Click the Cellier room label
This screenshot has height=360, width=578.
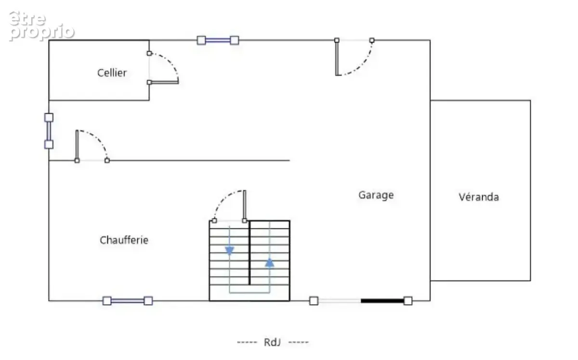(112, 73)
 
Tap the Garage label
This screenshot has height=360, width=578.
(376, 195)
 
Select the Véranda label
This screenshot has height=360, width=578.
(479, 197)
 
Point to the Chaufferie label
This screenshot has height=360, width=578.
(124, 240)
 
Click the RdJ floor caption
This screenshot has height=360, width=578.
(272, 342)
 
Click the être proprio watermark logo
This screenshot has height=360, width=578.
(41, 26)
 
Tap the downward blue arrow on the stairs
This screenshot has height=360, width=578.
(229, 251)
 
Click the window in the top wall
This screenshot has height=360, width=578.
(218, 40)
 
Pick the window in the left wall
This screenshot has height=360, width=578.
(49, 131)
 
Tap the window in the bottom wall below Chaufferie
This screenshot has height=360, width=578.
(128, 301)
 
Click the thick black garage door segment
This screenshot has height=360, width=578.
(382, 301)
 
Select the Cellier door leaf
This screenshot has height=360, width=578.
(164, 82)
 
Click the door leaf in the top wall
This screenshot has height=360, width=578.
(337, 58)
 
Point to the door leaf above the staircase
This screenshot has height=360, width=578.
(245, 206)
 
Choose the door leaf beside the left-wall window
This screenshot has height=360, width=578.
(77, 145)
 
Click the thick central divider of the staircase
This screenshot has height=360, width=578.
(250, 253)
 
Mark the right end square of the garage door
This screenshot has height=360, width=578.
(408, 301)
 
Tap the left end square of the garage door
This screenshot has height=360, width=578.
(314, 301)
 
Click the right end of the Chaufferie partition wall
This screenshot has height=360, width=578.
(289, 160)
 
